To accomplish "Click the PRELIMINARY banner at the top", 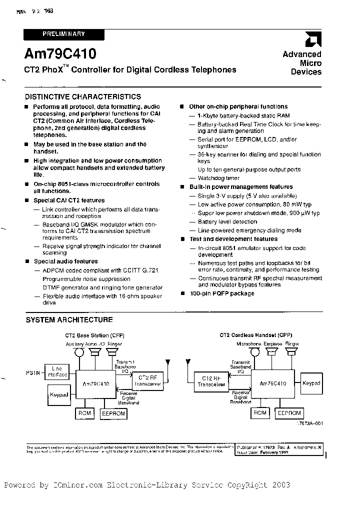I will (64, 34).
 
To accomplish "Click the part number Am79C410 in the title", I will (60, 53).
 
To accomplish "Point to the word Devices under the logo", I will (306, 72).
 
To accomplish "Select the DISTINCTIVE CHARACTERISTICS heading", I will (83, 97).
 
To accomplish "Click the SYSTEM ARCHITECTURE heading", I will (69, 320).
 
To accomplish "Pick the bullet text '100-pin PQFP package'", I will (222, 293).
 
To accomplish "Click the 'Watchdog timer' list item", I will (218, 178).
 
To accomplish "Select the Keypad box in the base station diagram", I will (59, 394).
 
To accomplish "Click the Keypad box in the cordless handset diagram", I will (311, 383).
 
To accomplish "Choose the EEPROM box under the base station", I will (113, 413).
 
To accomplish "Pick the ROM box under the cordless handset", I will (260, 413).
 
